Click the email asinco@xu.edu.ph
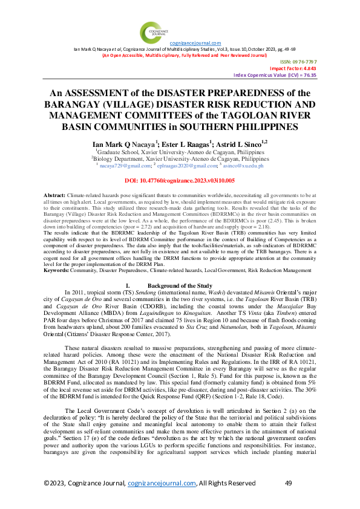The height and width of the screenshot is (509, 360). [x=244, y=164]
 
